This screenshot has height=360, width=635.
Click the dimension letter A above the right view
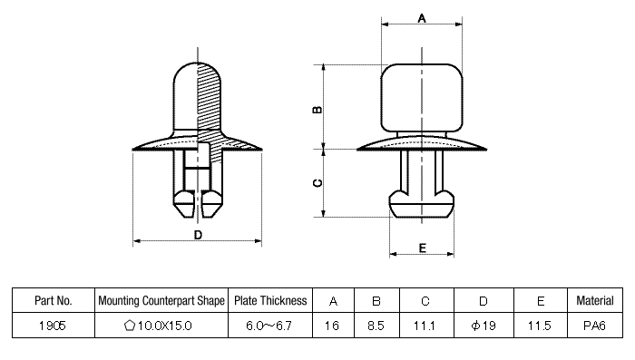pos(421,17)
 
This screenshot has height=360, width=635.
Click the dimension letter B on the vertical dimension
pos(317,109)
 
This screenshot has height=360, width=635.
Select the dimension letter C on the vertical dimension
pos(317,182)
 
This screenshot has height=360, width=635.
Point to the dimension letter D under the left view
pos(198,235)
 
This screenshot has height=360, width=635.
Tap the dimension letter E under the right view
pos(422,248)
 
